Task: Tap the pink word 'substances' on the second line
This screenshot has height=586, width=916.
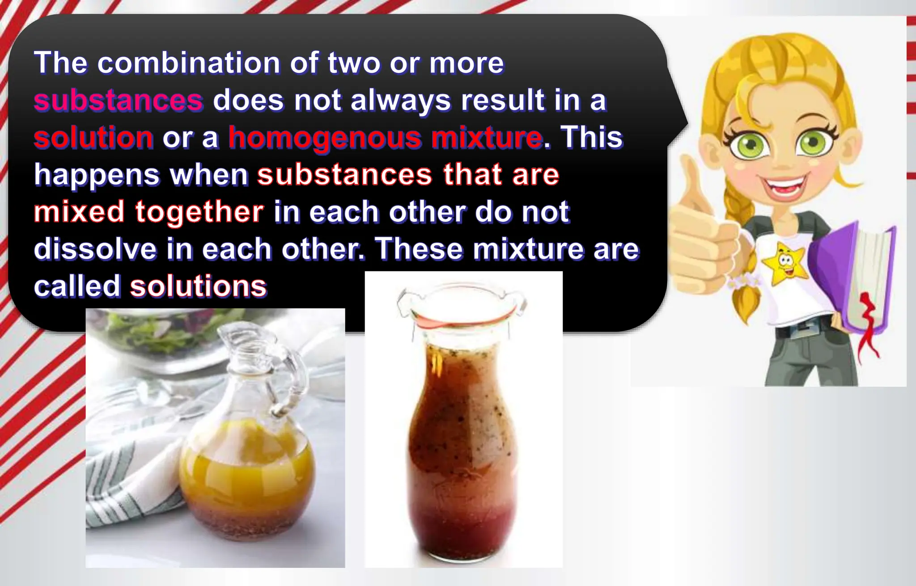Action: (119, 100)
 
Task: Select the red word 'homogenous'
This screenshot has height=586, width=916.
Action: (325, 137)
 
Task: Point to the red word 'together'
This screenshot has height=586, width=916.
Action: (199, 211)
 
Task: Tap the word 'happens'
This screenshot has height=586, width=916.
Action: (97, 175)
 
